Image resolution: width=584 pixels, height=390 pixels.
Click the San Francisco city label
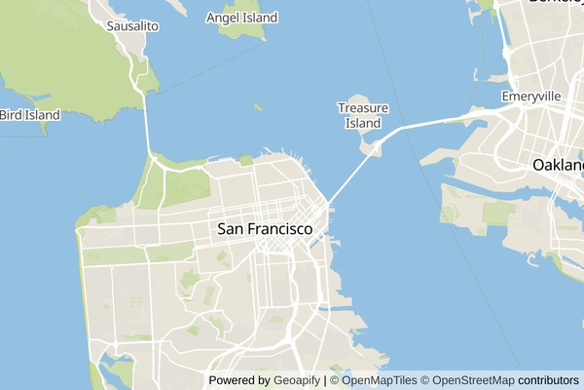[265, 229]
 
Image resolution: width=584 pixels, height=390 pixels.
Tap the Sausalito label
[132, 24]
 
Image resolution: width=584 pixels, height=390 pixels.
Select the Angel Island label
[242, 18]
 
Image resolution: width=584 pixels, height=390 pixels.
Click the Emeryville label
[531, 97]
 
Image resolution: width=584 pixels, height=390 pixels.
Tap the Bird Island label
[29, 115]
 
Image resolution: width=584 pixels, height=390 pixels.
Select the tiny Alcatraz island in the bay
[258, 107]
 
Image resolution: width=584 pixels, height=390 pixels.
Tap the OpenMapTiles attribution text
[379, 380]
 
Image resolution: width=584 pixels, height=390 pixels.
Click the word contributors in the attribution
[548, 380]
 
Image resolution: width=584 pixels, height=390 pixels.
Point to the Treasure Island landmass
[372, 147]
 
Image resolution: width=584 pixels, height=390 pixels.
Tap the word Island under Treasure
[363, 123]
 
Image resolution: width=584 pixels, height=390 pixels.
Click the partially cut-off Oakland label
[558, 166]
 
